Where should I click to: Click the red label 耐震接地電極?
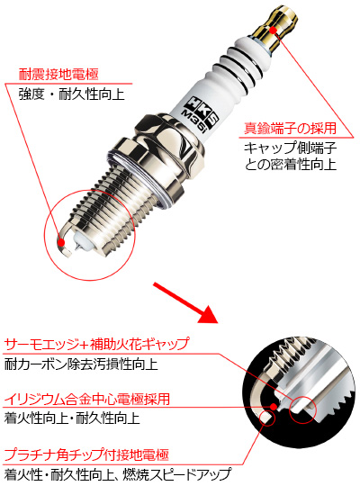58,76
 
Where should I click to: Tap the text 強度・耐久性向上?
68,94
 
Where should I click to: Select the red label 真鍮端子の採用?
286,130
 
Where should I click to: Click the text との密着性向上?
288,166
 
